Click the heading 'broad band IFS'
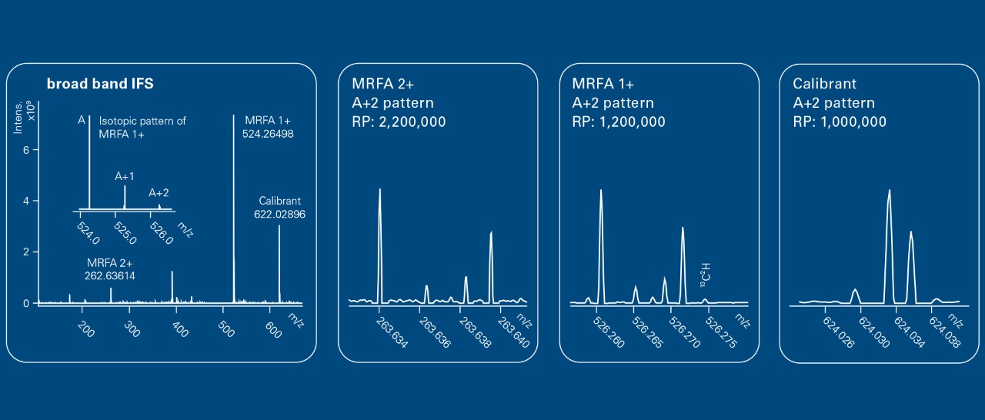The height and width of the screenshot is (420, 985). coord(100,84)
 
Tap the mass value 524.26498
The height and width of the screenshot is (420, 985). coord(270,134)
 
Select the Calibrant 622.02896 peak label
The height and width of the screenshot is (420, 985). coord(279,208)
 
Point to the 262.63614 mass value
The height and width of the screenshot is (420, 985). coord(110,275)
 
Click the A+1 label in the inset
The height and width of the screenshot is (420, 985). coord(125,176)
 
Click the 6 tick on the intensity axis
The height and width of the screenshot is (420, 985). coord(25,150)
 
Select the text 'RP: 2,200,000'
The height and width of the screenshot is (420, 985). coord(399,122)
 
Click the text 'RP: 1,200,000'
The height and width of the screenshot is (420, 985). coord(619,122)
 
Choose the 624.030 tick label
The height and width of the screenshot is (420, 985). coord(873,331)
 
